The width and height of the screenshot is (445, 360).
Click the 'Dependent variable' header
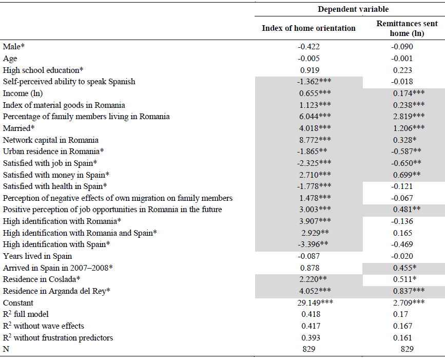pyautogui.click(x=353, y=9)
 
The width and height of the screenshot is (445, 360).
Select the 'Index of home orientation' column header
pyautogui.click(x=308, y=28)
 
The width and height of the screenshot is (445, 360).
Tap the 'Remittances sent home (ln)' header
pyautogui.click(x=407, y=28)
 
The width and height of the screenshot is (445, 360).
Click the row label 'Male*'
pyautogui.click(x=14, y=47)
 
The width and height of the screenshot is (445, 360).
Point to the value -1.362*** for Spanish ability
pyautogui.click(x=314, y=82)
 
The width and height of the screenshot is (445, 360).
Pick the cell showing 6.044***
pyautogui.click(x=315, y=117)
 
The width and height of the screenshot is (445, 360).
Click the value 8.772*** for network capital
pyautogui.click(x=315, y=140)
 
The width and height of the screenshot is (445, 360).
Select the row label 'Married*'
pyautogui.click(x=18, y=128)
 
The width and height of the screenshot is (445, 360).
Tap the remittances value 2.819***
pyautogui.click(x=409, y=117)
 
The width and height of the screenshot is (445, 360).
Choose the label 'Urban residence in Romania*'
pyautogui.click(x=53, y=151)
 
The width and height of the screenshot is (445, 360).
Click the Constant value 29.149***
pyautogui.click(x=315, y=302)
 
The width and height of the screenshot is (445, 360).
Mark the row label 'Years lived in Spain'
pyautogui.click(x=37, y=256)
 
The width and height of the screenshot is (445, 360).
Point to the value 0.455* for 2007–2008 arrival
pyautogui.click(x=405, y=268)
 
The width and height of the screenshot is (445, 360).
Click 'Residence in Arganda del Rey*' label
pyautogui.click(x=56, y=291)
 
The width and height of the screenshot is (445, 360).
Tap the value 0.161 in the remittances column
pyautogui.click(x=402, y=337)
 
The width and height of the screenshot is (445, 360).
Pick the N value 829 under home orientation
pyautogui.click(x=309, y=349)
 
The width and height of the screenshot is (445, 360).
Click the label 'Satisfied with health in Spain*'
pyautogui.click(x=55, y=186)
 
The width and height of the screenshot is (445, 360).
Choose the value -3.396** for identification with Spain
pyautogui.click(x=313, y=244)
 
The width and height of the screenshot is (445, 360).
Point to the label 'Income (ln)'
pyautogui.click(x=23, y=93)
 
